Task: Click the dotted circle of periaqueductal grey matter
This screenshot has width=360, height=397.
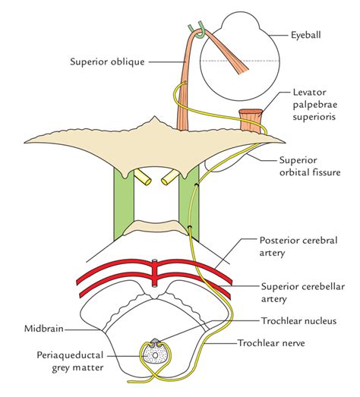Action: [156, 353]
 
